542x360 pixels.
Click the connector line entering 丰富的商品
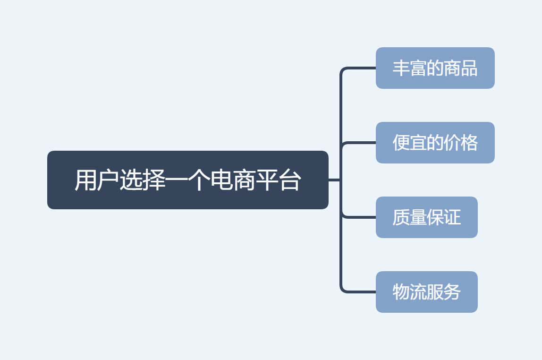pos(361,68)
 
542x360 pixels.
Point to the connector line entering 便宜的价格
pos(361,143)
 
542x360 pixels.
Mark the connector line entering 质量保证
pos(361,217)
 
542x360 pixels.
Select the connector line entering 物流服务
pos(361,292)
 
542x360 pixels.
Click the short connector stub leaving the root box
pos(334,180)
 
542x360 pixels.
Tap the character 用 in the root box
pos(85,180)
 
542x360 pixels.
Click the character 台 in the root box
pos(289,180)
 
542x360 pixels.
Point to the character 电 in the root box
pos(221,180)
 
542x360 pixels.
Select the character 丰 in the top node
pos(401,68)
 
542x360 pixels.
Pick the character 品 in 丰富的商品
pos(469,68)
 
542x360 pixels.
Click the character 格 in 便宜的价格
pos(469,143)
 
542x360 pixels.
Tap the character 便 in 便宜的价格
pos(401,143)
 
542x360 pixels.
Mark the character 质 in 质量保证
pos(401,217)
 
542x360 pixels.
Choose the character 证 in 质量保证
pos(452,217)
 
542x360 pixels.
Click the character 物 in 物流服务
pos(401,292)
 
